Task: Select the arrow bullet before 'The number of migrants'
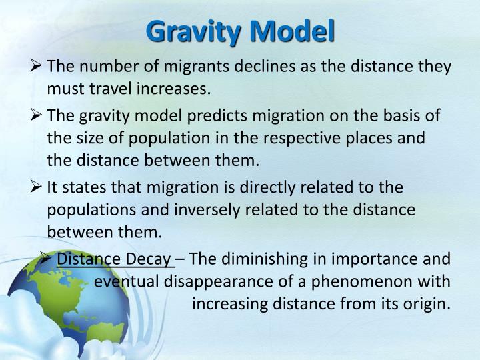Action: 37,67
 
